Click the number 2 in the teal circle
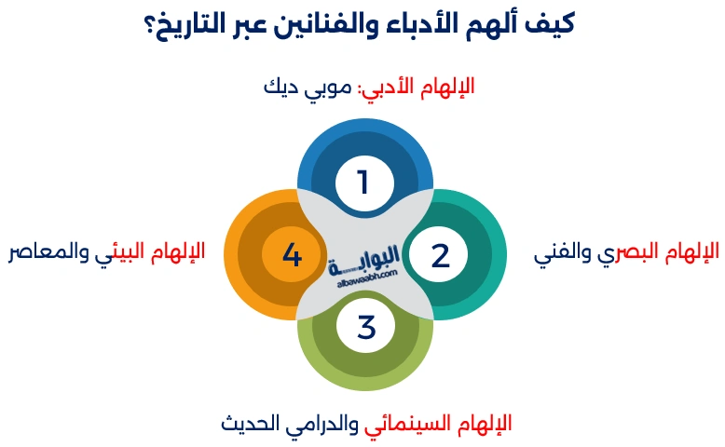440,255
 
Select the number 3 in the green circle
365,327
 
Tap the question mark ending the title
154,24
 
